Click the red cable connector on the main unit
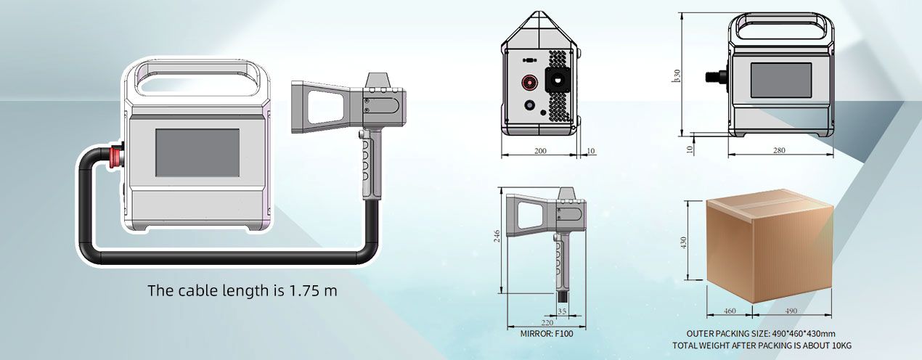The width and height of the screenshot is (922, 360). click(116, 156)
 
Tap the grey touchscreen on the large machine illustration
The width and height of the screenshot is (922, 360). click(197, 152)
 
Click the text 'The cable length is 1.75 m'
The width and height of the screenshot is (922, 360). click(242, 290)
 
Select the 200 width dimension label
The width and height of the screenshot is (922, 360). click(540, 151)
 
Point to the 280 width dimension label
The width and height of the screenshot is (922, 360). click(779, 150)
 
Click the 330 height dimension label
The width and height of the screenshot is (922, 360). click(677, 75)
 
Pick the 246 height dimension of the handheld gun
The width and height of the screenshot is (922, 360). click(497, 236)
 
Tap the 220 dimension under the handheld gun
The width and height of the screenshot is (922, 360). click(547, 323)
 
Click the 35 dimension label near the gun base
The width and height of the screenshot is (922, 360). click(562, 311)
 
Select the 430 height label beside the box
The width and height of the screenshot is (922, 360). click(684, 242)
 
